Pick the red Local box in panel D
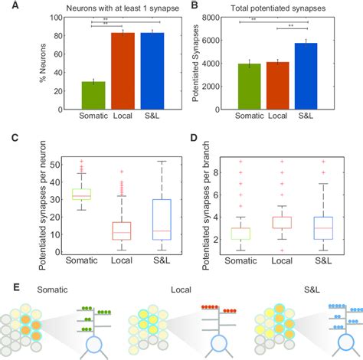(x=283, y=222)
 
